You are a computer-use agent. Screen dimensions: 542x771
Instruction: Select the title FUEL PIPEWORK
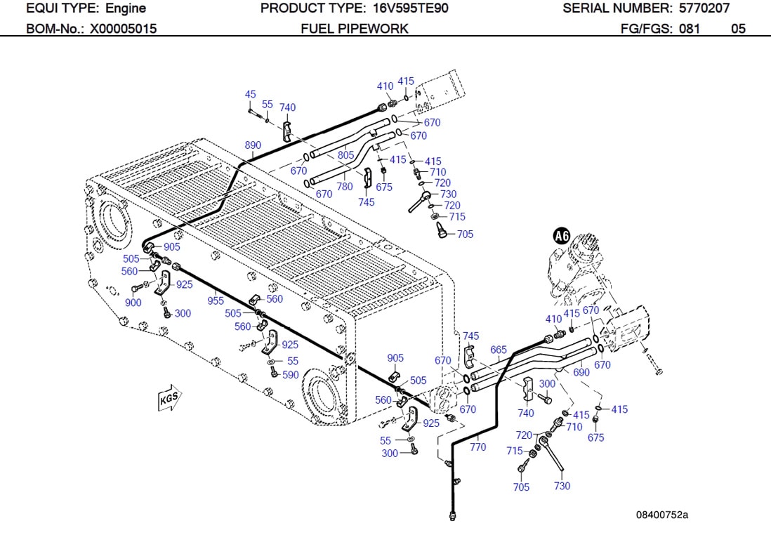pos(355,29)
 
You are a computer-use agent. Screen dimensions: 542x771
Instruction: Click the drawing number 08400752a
pos(662,515)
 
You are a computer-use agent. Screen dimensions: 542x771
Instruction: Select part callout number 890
pos(253,145)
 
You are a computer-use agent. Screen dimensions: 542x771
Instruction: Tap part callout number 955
pos(216,300)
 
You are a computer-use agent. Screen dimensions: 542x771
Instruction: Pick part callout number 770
pos(477,447)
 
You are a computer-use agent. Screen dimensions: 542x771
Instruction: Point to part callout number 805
pos(345,155)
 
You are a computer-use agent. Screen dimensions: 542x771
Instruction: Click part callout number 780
pos(345,187)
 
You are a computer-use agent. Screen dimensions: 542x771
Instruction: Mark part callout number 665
pos(499,350)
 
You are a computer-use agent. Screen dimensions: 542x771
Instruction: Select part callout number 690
pos(581,373)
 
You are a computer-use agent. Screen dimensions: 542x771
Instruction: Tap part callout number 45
pos(251,94)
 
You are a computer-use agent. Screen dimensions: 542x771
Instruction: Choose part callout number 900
pos(133,303)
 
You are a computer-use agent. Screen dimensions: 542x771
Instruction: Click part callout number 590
pos(291,375)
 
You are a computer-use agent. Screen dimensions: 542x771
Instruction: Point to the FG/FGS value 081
pos(690,29)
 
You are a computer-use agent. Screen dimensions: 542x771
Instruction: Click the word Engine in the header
pos(126,8)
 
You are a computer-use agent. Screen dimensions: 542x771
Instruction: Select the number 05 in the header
pos(738,29)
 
